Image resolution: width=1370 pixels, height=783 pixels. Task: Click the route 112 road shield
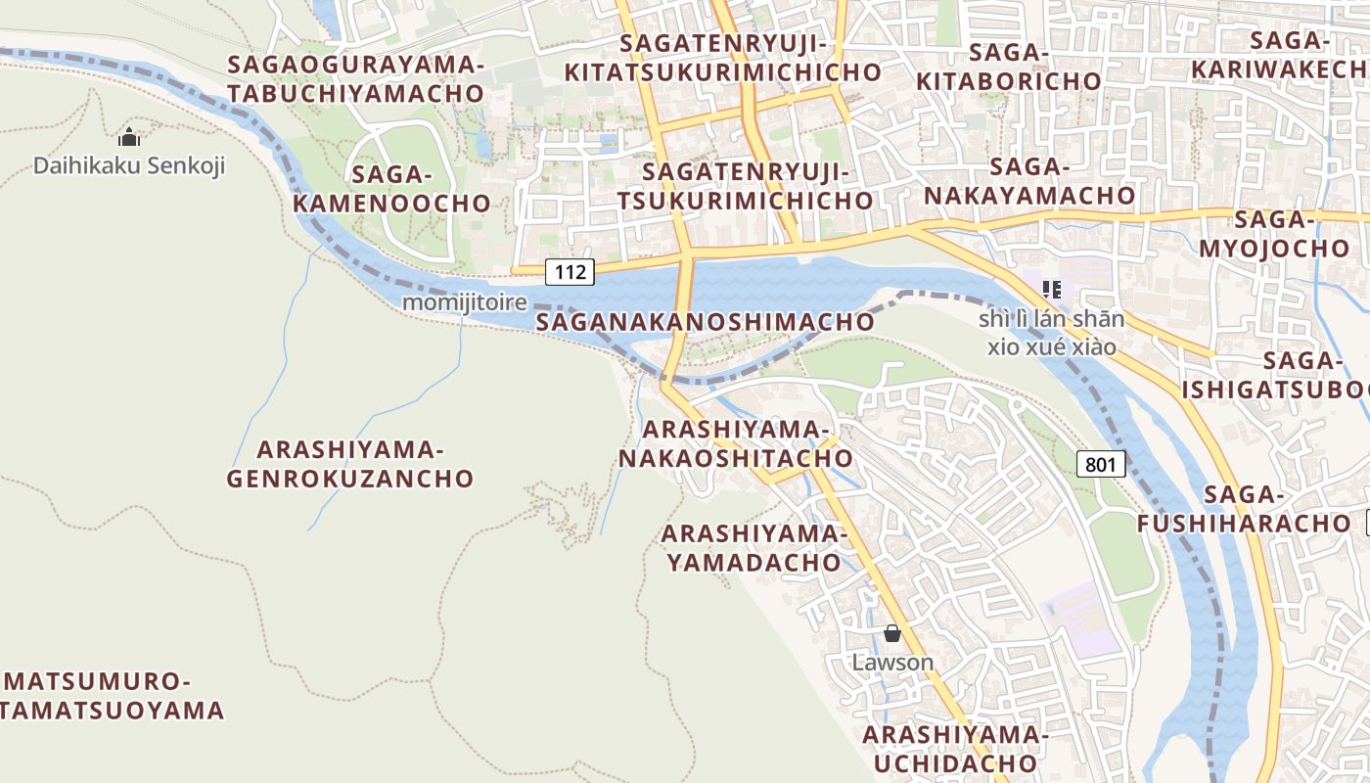(x=570, y=272)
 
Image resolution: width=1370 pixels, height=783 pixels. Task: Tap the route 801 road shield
(x=1100, y=464)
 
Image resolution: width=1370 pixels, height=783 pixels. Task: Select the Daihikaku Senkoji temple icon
(x=129, y=137)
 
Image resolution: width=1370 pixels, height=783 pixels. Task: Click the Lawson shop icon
(x=891, y=633)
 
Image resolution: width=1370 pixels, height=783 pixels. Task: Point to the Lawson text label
(x=892, y=663)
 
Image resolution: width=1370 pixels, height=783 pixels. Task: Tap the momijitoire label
(x=464, y=302)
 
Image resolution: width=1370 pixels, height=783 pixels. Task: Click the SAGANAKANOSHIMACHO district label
(x=706, y=321)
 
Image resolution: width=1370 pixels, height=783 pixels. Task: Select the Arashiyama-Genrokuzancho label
(x=350, y=464)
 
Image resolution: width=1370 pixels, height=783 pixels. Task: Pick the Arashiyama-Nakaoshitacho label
(x=736, y=443)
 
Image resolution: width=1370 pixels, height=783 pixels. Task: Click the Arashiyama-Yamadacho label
(x=752, y=548)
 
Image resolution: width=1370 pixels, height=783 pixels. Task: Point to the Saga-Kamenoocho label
(x=391, y=189)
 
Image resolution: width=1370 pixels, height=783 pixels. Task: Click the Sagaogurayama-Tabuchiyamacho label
(x=356, y=79)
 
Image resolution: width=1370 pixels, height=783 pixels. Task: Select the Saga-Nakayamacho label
(x=1028, y=181)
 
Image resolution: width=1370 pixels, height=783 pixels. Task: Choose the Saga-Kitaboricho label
(x=1008, y=67)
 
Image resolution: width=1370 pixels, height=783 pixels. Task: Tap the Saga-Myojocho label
(x=1274, y=233)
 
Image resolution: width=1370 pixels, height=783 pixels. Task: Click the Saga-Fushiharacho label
(x=1245, y=509)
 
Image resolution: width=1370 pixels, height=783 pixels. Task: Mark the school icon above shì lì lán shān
(x=1052, y=289)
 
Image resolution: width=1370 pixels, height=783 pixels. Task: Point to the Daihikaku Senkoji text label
(x=129, y=165)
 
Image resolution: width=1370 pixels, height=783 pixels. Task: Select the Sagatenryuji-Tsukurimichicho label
(x=757, y=186)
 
